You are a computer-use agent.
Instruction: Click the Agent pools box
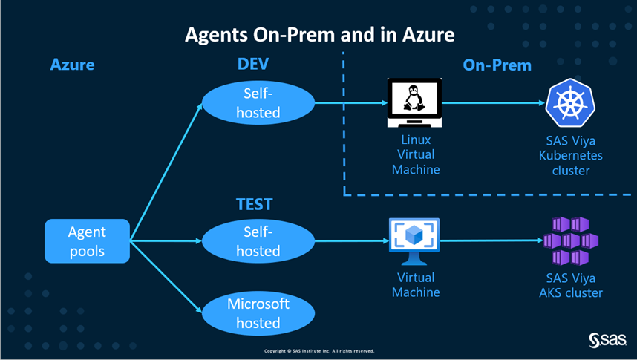pyautogui.click(x=88, y=240)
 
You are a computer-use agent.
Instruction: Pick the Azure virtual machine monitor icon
pyautogui.click(x=414, y=241)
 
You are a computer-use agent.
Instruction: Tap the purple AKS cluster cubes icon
pyautogui.click(x=570, y=241)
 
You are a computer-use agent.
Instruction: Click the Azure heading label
pyautogui.click(x=72, y=65)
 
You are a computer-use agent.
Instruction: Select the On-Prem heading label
pyautogui.click(x=497, y=65)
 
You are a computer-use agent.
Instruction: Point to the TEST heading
pyautogui.click(x=255, y=204)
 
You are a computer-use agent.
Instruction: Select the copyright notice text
pyautogui.click(x=319, y=350)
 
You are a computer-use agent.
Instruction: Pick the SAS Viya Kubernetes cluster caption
pyautogui.click(x=572, y=155)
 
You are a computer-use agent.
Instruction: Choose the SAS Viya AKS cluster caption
pyautogui.click(x=570, y=285)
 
